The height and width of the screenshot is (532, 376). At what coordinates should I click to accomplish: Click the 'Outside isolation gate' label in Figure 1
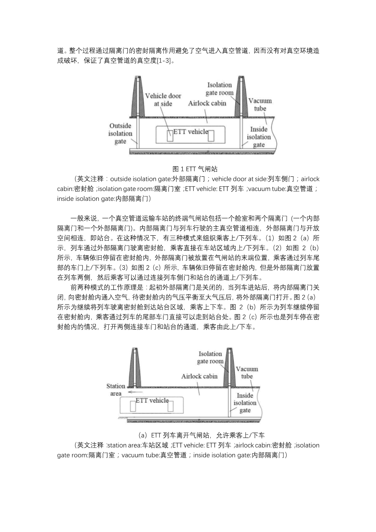pyautogui.click(x=120, y=134)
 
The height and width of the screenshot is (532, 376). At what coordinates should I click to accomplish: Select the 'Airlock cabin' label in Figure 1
pyautogui.click(x=207, y=103)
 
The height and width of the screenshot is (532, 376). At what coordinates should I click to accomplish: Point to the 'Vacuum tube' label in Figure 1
pyautogui.click(x=260, y=104)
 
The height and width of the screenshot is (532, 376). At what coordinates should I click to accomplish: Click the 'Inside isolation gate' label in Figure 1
pyautogui.click(x=259, y=137)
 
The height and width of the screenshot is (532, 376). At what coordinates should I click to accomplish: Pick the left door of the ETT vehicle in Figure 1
pyautogui.click(x=170, y=137)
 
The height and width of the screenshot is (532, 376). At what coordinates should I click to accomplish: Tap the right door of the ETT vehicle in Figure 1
pyautogui.click(x=211, y=137)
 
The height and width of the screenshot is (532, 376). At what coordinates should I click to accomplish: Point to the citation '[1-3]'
pyautogui.click(x=165, y=61)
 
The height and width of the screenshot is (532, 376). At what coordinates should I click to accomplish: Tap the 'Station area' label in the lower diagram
pyautogui.click(x=116, y=390)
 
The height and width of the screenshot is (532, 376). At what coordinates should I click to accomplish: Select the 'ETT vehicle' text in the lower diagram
pyautogui.click(x=152, y=400)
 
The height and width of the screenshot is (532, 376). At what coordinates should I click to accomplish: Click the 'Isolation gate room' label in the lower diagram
pyautogui.click(x=210, y=357)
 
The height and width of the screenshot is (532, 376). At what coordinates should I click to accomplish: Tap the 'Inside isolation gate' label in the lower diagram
pyautogui.click(x=245, y=403)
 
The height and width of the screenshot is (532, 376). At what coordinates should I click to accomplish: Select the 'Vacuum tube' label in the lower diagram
pyautogui.click(x=247, y=372)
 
